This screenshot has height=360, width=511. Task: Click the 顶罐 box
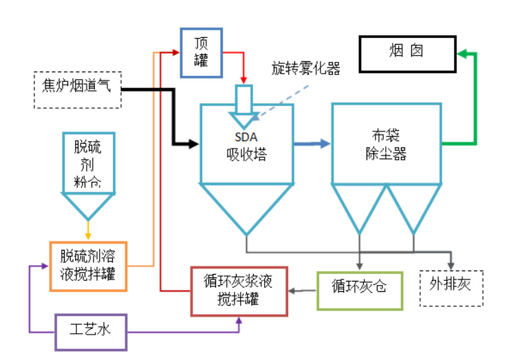click(x=202, y=52)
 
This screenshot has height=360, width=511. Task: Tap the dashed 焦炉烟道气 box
click(x=77, y=89)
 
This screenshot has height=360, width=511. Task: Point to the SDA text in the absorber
click(x=246, y=137)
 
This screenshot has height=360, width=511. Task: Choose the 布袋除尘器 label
click(x=386, y=145)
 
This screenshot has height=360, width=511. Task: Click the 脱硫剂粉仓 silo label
click(x=87, y=163)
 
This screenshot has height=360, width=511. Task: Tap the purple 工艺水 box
click(x=91, y=331)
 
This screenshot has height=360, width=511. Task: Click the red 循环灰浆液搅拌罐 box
click(x=238, y=290)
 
